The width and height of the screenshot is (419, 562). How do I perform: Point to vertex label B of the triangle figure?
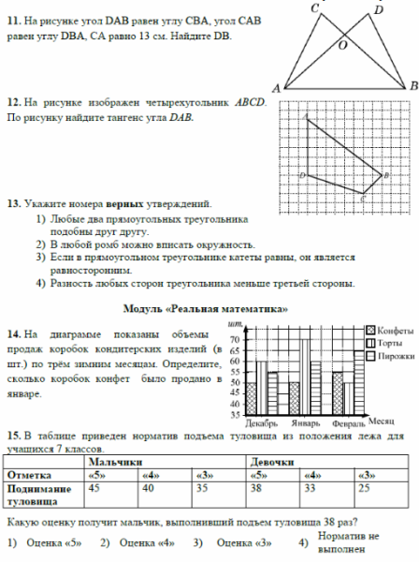412,86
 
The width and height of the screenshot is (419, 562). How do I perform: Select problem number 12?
13,102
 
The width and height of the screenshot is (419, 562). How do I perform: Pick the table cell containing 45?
94,487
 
